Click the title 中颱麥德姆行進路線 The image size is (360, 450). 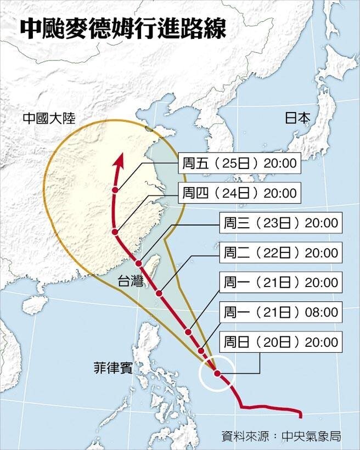[x=122, y=29]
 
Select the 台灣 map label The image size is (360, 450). [x=130, y=283]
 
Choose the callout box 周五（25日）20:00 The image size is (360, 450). [x=239, y=164]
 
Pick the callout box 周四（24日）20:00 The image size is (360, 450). [x=239, y=193]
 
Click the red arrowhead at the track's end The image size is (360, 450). [x=118, y=160]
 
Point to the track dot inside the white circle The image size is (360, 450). [x=217, y=374]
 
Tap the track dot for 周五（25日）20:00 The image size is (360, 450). [x=115, y=190]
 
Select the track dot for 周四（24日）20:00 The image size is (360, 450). [x=115, y=233]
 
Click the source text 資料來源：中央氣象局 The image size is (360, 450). [x=282, y=437]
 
